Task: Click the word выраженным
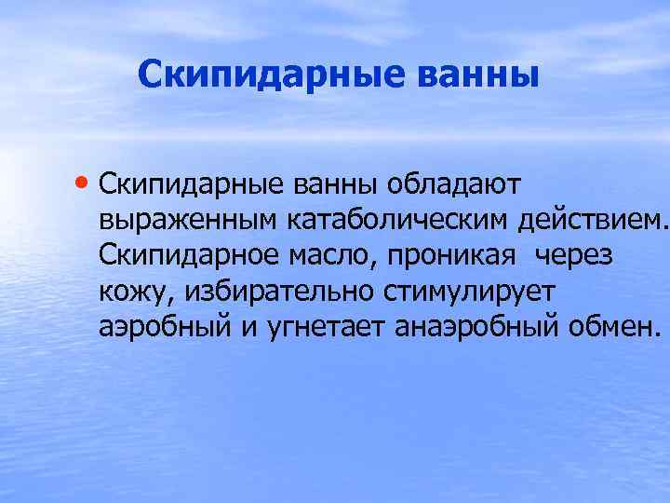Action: click(x=188, y=222)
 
